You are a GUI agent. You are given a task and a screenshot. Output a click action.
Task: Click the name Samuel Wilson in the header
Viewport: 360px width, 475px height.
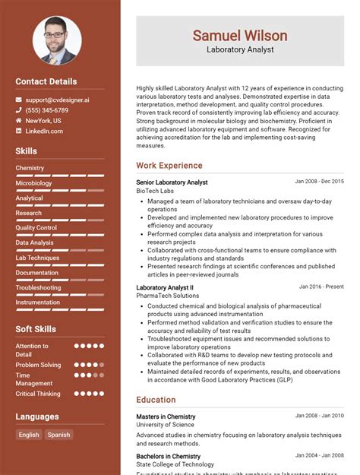pyautogui.click(x=239, y=36)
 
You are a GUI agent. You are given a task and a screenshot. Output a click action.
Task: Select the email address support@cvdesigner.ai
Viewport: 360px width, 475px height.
pyautogui.click(x=57, y=100)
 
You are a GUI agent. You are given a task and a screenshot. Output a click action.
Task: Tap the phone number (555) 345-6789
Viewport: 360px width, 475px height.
pyautogui.click(x=47, y=110)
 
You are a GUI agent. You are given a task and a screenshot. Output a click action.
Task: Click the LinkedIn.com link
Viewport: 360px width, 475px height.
pyautogui.click(x=44, y=131)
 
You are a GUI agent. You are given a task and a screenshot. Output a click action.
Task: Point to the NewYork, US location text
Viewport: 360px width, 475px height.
pyautogui.click(x=43, y=121)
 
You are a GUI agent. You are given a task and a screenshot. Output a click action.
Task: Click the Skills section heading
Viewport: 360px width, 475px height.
pyautogui.click(x=27, y=151)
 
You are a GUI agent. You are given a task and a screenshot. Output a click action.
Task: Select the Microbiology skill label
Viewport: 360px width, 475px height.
pyautogui.click(x=33, y=183)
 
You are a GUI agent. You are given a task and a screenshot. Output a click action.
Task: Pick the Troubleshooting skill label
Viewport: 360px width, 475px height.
pyautogui.click(x=38, y=287)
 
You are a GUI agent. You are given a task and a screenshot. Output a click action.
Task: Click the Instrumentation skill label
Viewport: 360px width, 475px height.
pyautogui.click(x=38, y=302)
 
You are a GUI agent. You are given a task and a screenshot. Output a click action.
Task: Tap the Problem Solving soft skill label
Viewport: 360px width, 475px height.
pyautogui.click(x=38, y=365)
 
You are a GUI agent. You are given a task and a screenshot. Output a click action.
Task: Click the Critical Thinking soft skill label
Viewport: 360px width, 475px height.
pyautogui.click(x=38, y=394)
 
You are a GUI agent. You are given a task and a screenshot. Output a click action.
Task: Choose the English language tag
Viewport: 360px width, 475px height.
pyautogui.click(x=29, y=435)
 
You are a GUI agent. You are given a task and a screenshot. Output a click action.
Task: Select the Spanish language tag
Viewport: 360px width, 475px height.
pyautogui.click(x=58, y=435)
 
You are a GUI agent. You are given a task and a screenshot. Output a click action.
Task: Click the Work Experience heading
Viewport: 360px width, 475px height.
pyautogui.click(x=169, y=166)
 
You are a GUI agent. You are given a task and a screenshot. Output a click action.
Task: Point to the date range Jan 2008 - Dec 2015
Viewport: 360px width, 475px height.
pyautogui.click(x=319, y=182)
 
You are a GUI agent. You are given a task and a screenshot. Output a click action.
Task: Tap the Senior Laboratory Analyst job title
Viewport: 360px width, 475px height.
pyautogui.click(x=172, y=182)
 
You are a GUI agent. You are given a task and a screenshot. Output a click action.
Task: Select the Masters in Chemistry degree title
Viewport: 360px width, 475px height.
pyautogui.click(x=166, y=416)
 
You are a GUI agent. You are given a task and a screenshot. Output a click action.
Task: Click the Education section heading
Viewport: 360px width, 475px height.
pyautogui.click(x=156, y=400)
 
